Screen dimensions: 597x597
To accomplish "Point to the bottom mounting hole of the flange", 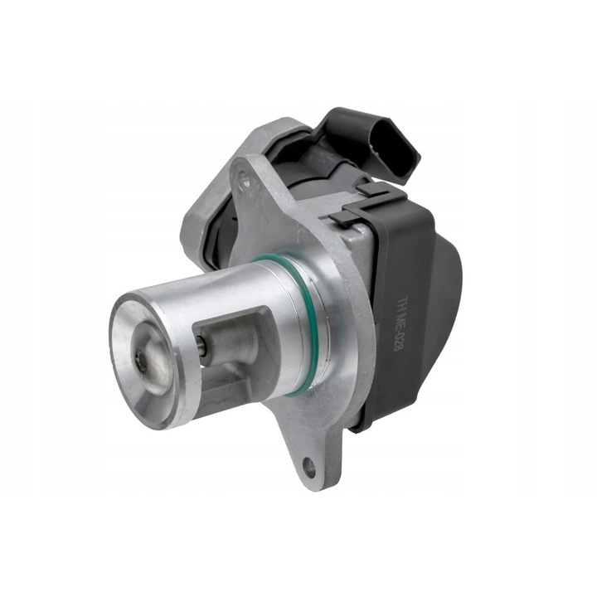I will (x=310, y=468).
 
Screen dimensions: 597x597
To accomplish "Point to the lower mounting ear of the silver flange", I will (x=311, y=460).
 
